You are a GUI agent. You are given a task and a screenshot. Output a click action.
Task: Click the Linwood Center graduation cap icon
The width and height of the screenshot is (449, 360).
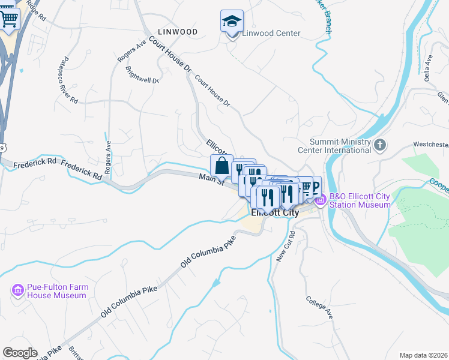pos(232,22)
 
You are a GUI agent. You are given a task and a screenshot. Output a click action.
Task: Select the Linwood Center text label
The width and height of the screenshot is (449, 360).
pos(271,33)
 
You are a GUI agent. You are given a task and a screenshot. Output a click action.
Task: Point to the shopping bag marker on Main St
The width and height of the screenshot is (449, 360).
pos(221,166)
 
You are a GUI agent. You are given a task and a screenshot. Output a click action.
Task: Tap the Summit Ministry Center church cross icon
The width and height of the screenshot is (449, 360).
pos(379,145)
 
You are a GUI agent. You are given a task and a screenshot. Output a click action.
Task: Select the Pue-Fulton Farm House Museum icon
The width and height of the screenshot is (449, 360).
pos(18,291)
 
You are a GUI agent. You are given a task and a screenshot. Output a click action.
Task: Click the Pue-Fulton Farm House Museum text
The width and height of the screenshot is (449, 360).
pos(58,292)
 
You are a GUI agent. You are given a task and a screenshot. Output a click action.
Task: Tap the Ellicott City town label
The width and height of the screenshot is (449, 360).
pos(274,212)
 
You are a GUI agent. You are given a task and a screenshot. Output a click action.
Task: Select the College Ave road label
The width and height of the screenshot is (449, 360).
pos(319,307)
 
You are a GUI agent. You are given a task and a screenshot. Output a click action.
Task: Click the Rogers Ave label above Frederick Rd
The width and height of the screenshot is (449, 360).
pos(108,157)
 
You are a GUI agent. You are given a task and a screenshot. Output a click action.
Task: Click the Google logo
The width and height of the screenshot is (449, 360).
pos(19,353)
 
